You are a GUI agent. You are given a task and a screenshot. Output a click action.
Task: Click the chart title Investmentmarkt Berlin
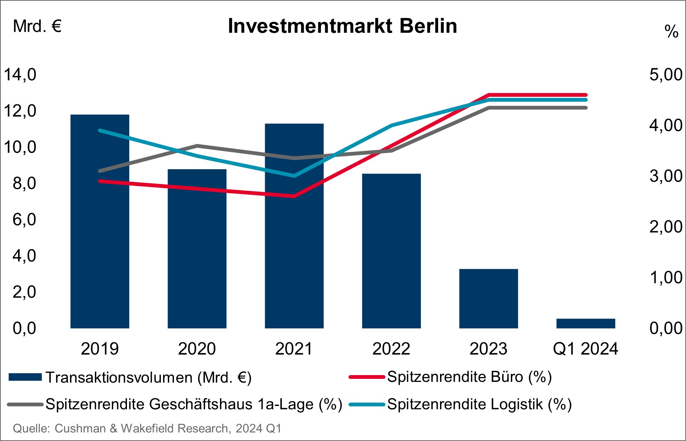point(342,26)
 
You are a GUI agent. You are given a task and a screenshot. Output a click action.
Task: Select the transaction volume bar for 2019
point(100,221)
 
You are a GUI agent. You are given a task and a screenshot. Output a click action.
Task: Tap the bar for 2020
point(197,249)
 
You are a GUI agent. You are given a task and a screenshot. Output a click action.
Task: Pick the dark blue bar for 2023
point(489,299)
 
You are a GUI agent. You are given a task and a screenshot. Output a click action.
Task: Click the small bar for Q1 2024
point(586,324)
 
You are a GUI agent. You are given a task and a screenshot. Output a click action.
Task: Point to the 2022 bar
point(391,251)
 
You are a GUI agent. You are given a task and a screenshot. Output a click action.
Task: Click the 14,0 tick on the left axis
point(20,75)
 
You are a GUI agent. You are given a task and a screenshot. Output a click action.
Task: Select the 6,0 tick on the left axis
point(24,220)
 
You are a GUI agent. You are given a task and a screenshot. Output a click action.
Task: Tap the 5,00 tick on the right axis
point(666,75)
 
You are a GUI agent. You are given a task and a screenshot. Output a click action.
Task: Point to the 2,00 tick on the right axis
point(666,227)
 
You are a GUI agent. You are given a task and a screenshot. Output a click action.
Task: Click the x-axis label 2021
point(294,349)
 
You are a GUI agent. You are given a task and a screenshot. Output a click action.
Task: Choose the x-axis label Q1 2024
point(586,349)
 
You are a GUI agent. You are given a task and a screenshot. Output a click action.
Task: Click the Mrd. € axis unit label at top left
point(37,27)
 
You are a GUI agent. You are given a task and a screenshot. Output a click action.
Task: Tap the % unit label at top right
point(671,32)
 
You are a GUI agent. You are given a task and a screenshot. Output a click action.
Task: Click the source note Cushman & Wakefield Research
point(141,429)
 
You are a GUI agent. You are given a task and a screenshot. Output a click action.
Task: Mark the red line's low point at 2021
point(294,196)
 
